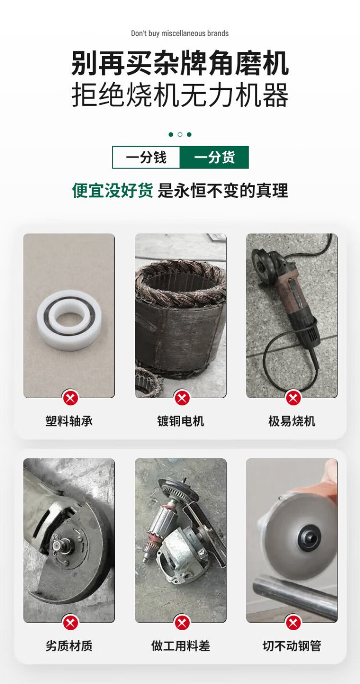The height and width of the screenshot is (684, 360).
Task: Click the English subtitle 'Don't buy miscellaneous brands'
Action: [180, 33]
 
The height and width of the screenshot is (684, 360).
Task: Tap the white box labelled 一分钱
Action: [146, 157]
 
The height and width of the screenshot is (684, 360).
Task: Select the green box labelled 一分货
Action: [214, 157]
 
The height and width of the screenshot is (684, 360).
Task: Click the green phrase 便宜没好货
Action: [112, 191]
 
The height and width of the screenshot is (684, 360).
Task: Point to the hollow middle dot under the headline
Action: [180, 134]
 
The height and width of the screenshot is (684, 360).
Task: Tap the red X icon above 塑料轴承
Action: [71, 398]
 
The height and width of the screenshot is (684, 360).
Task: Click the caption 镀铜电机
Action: [180, 421]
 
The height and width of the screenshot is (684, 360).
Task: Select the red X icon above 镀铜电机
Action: [182, 398]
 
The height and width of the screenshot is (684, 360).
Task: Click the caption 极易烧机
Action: [292, 421]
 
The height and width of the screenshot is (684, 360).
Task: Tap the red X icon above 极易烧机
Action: [293, 398]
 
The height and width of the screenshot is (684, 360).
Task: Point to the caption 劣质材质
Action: [69, 646]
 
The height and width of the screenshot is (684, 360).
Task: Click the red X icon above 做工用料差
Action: [182, 623]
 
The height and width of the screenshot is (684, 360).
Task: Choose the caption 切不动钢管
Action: [292, 646]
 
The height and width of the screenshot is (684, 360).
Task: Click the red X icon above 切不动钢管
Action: [293, 623]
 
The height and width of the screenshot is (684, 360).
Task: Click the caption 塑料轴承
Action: [69, 421]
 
